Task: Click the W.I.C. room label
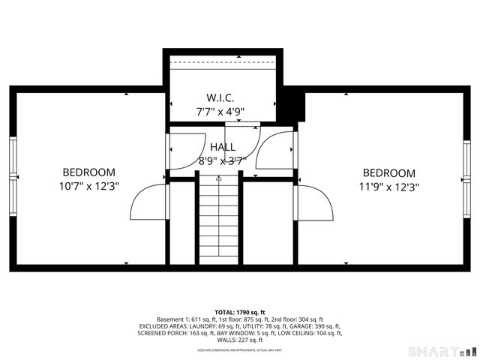point(220,97)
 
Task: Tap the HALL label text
point(222,147)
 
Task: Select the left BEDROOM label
point(88,172)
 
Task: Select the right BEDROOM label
point(388,172)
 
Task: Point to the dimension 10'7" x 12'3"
point(88,185)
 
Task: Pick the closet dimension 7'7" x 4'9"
point(220,111)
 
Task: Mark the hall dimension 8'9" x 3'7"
point(222,160)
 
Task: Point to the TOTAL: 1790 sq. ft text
point(240,312)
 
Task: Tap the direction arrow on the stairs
point(219,178)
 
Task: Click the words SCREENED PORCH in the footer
point(160,333)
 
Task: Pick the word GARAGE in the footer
point(311,326)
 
